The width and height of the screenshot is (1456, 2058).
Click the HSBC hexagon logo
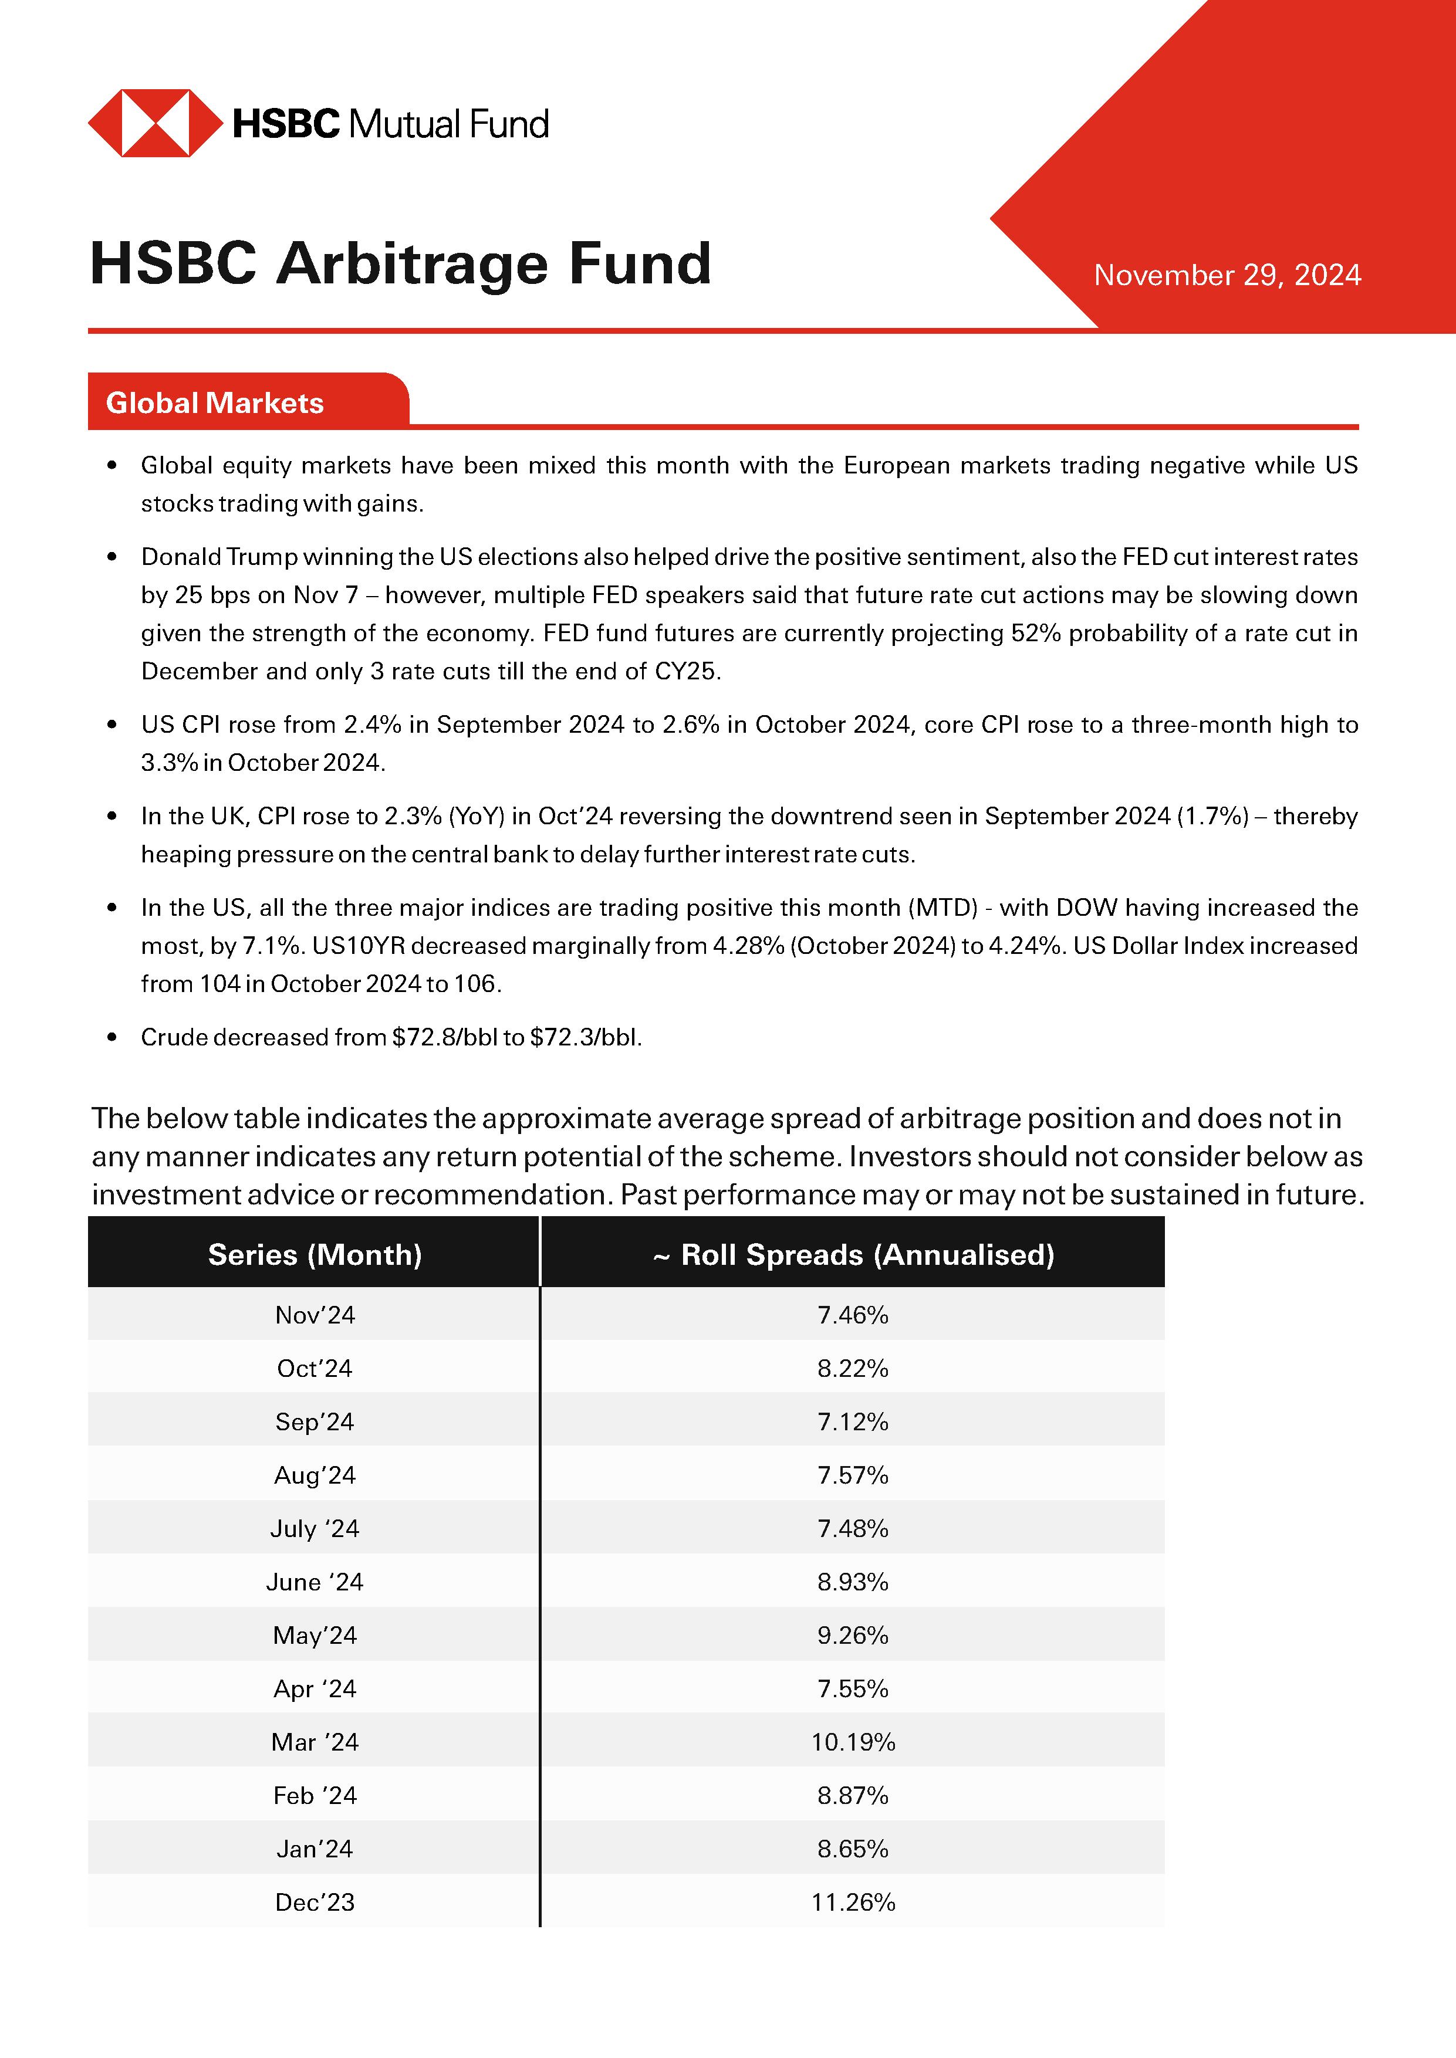click(x=155, y=123)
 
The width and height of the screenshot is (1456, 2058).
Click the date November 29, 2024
click(x=1227, y=275)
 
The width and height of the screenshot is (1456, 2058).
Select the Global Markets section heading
click(x=215, y=404)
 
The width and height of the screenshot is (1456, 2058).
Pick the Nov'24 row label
click(x=315, y=1315)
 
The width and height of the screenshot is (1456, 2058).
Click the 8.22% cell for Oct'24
click(x=853, y=1369)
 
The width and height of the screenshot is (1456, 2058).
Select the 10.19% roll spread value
click(x=853, y=1742)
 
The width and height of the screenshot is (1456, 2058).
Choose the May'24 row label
click(x=315, y=1636)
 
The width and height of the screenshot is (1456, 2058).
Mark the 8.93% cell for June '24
click(x=853, y=1582)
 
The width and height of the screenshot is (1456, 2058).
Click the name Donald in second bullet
click(x=180, y=557)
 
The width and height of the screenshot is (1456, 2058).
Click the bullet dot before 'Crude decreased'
click(x=112, y=1038)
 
